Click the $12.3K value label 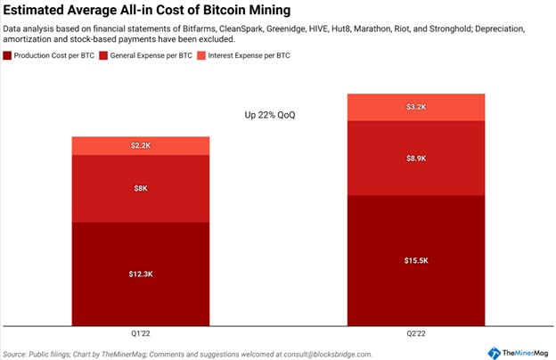(141, 274)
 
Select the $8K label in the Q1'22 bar (141, 188)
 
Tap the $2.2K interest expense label (141, 145)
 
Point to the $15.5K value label (416, 261)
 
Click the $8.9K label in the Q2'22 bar (416, 159)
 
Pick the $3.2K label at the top (416, 107)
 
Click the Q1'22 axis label (141, 333)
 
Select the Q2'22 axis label (416, 333)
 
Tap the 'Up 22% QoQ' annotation (270, 115)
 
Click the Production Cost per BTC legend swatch (7, 55)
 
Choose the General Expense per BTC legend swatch (103, 55)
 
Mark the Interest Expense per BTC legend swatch (201, 55)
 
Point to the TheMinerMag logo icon (494, 353)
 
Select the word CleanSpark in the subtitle (241, 29)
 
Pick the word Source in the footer (14, 355)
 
